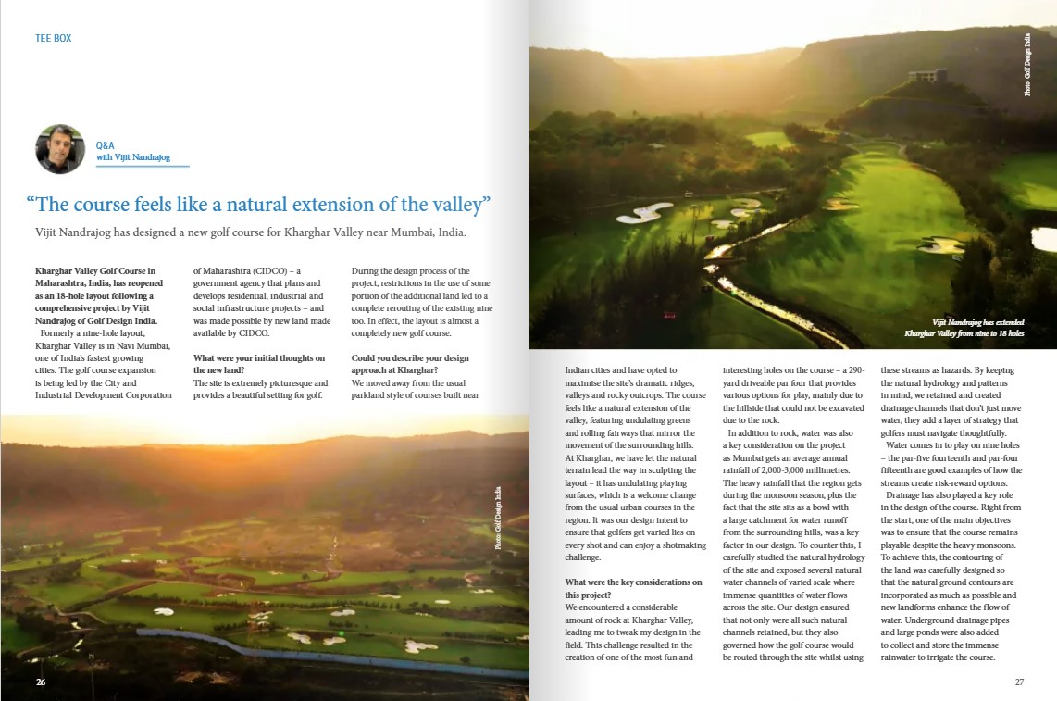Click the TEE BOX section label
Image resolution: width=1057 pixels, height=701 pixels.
point(53,39)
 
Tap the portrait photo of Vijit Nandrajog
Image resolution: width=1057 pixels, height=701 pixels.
point(60,149)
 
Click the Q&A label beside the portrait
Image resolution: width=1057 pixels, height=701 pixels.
point(105,145)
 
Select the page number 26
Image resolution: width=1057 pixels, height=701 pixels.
point(41,682)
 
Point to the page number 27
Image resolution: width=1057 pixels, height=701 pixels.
point(1019,682)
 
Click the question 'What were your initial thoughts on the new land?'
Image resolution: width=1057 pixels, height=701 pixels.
point(259,364)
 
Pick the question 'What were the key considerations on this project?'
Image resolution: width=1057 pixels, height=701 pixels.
point(634,588)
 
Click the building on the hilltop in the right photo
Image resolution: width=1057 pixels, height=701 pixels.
point(926,76)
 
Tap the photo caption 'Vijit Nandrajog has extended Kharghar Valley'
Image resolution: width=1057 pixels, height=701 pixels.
point(964,328)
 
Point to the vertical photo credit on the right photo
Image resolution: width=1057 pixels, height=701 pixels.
point(1026,65)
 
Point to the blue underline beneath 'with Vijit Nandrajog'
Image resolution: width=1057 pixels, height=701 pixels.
point(143,167)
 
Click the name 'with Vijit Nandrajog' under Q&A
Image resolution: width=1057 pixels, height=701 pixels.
point(133,157)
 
